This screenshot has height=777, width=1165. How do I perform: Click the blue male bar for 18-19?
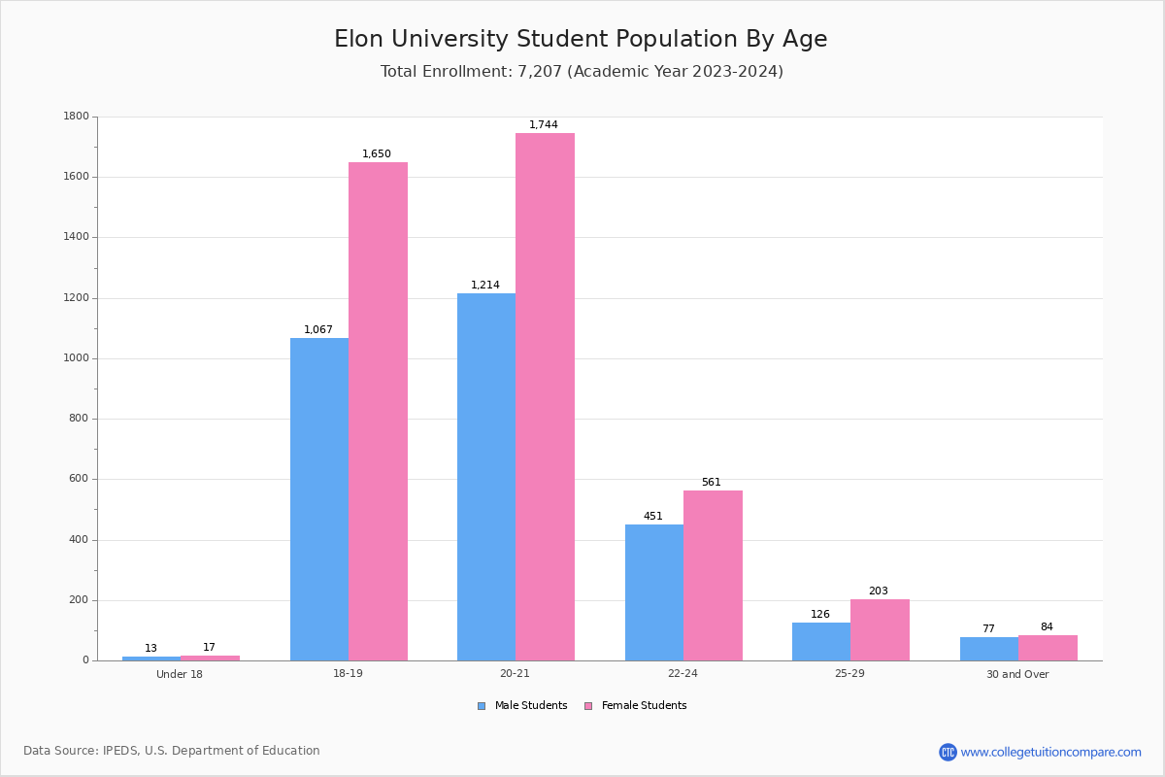point(319,499)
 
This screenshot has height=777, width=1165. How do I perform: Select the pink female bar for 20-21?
point(545,396)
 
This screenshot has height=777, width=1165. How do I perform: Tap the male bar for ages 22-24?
point(654,592)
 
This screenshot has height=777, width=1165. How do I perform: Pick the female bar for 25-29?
point(880,629)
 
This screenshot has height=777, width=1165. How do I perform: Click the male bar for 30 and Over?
point(989,649)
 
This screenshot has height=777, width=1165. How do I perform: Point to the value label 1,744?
point(544,124)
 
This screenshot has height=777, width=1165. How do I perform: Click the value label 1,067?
point(318,329)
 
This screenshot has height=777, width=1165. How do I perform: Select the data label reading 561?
point(712,482)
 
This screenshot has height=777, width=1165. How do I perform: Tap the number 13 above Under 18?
point(150,648)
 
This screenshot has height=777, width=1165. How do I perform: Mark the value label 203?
point(879,591)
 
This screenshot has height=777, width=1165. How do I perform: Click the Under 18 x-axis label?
point(180,674)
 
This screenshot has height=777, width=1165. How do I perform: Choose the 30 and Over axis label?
point(1017,674)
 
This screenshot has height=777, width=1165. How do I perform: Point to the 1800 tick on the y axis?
point(76,117)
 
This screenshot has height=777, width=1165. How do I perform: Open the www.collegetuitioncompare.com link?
point(1050,752)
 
